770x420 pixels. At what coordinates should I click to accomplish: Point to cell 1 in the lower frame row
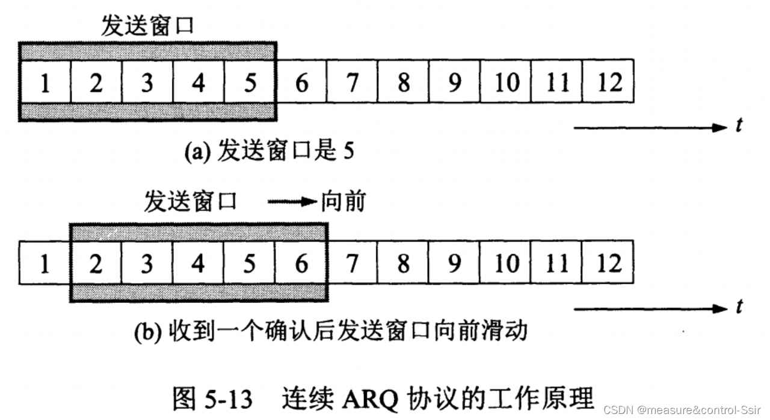[x=45, y=263]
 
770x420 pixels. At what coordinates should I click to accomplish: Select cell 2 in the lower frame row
[x=96, y=263]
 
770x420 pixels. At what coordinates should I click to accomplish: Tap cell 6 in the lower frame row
[x=301, y=263]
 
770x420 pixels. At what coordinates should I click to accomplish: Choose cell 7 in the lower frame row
[x=353, y=263]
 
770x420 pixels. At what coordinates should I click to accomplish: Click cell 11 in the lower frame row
[x=558, y=263]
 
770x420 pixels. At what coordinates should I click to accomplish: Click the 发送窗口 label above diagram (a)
[x=147, y=26]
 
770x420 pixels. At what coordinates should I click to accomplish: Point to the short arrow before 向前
[x=292, y=202]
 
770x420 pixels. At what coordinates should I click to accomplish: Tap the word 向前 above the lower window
[x=343, y=202]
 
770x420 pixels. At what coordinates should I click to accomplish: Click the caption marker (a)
[x=196, y=152]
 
